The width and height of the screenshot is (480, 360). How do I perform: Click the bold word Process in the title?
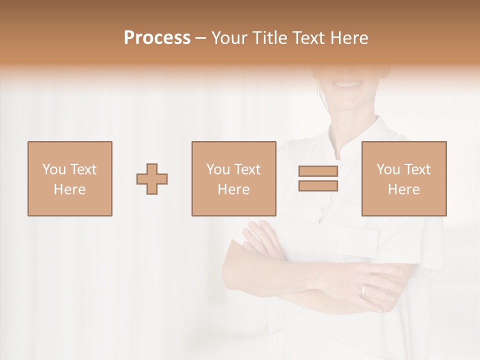pyautogui.click(x=157, y=38)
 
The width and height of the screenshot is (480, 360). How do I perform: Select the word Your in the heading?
pyautogui.click(x=229, y=38)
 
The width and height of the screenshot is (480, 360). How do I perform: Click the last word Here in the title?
pyautogui.click(x=348, y=38)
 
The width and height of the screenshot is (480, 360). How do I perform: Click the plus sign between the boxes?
pyautogui.click(x=152, y=179)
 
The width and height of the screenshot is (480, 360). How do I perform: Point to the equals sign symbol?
pyautogui.click(x=318, y=178)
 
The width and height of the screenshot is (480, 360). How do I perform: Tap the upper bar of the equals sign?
pyautogui.click(x=318, y=171)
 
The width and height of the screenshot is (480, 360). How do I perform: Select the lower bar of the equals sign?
pyautogui.click(x=318, y=185)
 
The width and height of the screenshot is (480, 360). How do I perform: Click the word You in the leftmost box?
pyautogui.click(x=54, y=169)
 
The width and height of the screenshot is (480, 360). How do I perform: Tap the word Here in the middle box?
pyautogui.click(x=234, y=189)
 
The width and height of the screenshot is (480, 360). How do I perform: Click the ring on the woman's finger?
pyautogui.click(x=364, y=289)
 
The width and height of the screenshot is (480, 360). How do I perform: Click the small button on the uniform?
pyautogui.click(x=322, y=209)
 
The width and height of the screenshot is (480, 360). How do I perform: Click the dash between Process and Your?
pyautogui.click(x=201, y=38)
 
